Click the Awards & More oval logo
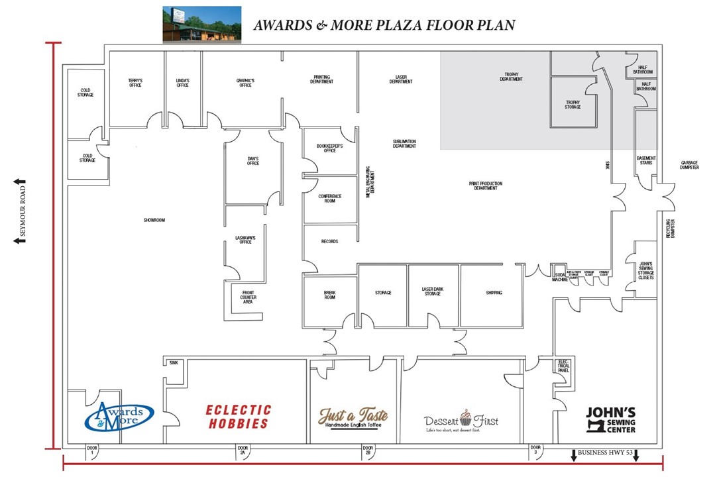(119, 416)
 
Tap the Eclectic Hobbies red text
(238, 417)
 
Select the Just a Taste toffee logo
(353, 417)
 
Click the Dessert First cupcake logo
(461, 420)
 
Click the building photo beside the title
(202, 25)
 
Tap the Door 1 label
(91, 450)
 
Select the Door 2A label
(243, 450)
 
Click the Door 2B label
(368, 450)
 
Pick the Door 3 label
(534, 450)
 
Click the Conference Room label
(329, 198)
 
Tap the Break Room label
(329, 295)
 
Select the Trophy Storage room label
(573, 104)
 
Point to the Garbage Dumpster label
(689, 165)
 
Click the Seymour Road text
(22, 221)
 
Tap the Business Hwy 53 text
(604, 452)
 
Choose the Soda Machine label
(560, 277)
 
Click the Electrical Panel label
(564, 366)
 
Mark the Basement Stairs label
(645, 160)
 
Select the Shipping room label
(494, 292)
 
